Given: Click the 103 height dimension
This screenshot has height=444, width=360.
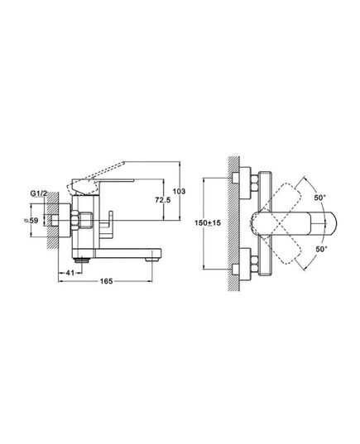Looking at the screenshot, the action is pyautogui.click(x=179, y=192).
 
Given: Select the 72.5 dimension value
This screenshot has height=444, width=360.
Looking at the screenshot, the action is pyautogui.click(x=163, y=200).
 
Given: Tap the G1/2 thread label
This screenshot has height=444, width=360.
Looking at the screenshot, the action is pyautogui.click(x=39, y=193).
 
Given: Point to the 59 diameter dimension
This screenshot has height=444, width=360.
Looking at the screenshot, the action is pyautogui.click(x=31, y=221).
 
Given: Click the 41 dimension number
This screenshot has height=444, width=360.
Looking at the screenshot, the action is pyautogui.click(x=70, y=273).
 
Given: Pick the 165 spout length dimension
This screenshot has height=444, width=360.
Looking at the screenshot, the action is pyautogui.click(x=106, y=281).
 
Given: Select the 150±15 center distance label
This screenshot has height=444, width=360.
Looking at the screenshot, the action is pyautogui.click(x=208, y=223).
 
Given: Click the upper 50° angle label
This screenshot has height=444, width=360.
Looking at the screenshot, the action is pyautogui.click(x=320, y=198).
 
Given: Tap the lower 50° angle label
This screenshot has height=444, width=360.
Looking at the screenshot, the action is pyautogui.click(x=321, y=249).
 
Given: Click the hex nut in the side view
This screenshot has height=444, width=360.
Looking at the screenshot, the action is pyautogui.click(x=74, y=221).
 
